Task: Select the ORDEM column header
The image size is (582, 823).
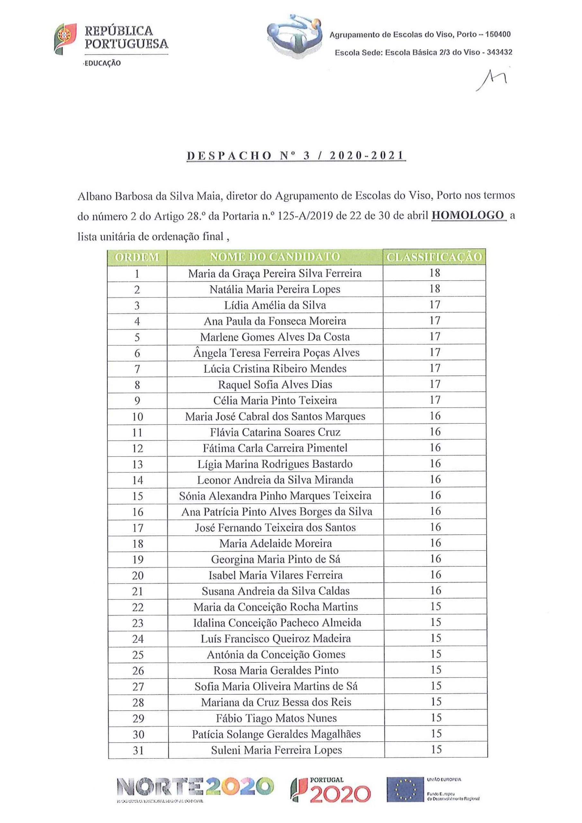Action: click(x=137, y=257)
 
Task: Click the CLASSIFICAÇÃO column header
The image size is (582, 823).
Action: click(x=434, y=257)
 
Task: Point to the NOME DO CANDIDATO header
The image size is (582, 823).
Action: click(x=275, y=257)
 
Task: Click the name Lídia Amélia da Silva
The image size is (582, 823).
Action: click(x=275, y=305)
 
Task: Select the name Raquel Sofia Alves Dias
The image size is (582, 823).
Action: click(x=275, y=384)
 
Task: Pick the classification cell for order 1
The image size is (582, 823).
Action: click(x=434, y=273)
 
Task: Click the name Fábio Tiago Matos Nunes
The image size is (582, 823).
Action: click(x=276, y=718)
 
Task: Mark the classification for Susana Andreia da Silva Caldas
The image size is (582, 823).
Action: click(x=435, y=590)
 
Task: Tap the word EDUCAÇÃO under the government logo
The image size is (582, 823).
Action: click(x=103, y=63)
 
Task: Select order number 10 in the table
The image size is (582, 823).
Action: click(x=137, y=417)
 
